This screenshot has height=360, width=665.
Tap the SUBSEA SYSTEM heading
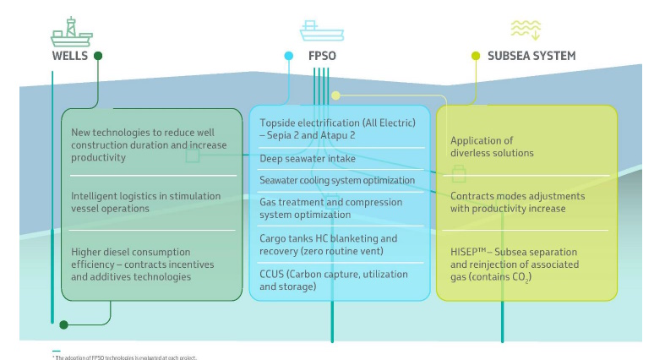531,56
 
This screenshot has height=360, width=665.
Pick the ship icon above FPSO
321,31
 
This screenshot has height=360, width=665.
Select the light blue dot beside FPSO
289,56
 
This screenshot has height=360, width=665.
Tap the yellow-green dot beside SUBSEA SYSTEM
475,56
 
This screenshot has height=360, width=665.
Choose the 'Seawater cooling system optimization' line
336,180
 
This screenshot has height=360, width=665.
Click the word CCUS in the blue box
274,274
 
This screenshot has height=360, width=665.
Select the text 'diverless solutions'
492,153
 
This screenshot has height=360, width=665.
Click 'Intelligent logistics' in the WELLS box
110,196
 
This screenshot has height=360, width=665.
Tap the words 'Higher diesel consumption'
130,252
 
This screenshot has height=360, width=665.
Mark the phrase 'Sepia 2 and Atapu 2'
309,134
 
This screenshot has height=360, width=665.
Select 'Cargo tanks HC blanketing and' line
328,239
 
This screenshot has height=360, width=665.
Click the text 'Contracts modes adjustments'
517,196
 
